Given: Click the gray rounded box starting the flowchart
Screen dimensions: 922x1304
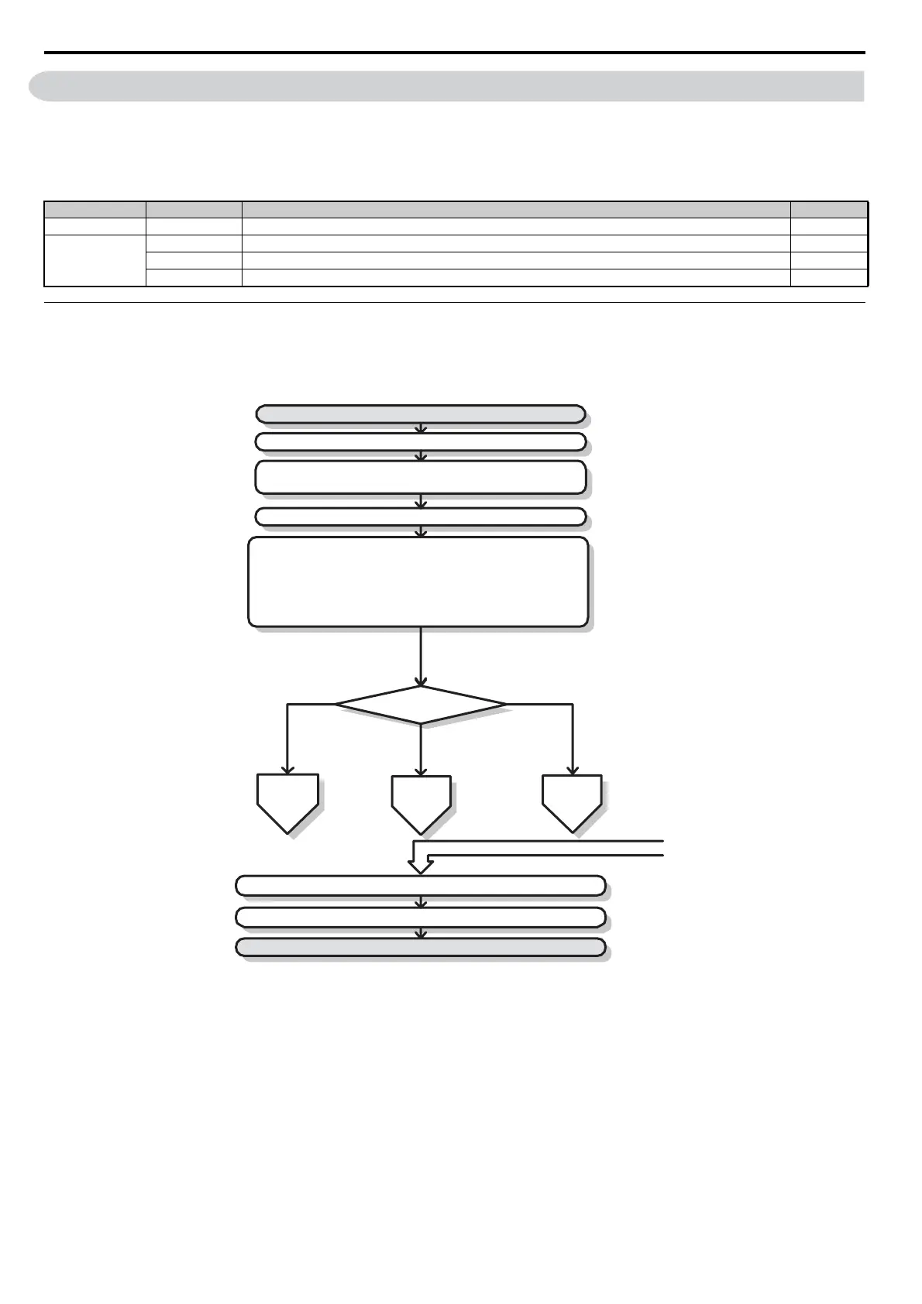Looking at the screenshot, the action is pos(420,414).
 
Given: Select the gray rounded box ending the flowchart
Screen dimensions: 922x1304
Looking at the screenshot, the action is pos(420,947).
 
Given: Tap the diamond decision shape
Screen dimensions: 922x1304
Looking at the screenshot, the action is pos(421,705).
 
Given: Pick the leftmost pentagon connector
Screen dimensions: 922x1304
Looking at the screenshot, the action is pos(287,801).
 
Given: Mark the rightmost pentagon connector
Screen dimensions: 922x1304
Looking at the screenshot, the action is pos(572,801).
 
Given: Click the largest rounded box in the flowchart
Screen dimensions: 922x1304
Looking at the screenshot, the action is pos(418,582).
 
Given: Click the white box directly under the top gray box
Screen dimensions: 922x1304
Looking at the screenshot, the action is pos(420,442).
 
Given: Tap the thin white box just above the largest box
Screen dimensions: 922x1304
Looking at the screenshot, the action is pos(420,516).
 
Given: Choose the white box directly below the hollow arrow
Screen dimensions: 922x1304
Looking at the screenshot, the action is pos(420,886).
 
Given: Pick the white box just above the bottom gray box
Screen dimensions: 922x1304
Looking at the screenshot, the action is pos(420,918).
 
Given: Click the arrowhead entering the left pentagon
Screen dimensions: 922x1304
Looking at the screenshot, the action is pos(287,769).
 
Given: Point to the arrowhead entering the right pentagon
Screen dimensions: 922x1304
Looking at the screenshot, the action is pos(572,770).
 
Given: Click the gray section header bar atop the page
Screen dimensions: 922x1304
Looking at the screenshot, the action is pos(447,86).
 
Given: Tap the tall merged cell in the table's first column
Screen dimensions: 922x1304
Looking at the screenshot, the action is pos(95,261).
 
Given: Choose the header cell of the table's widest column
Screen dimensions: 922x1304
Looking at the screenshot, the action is pos(516,209).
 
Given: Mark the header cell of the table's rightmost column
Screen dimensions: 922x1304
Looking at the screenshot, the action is pos(828,209).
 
